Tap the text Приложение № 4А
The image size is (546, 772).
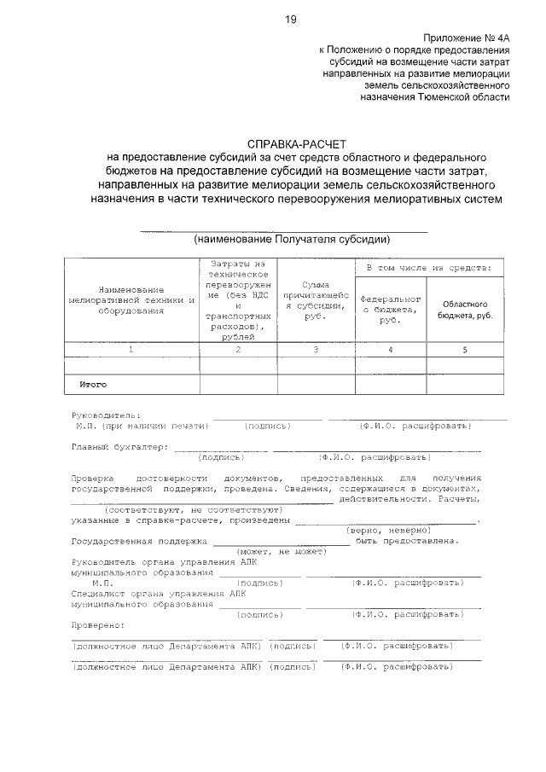pos(466,38)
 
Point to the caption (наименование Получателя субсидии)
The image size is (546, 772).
pos(292,239)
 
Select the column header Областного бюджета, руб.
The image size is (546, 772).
pos(466,309)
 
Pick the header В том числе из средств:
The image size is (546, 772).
pos(428,269)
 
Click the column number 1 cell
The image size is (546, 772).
pos(131,350)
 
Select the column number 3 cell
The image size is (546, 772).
pos(317,350)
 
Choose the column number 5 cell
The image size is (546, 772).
pos(466,350)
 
